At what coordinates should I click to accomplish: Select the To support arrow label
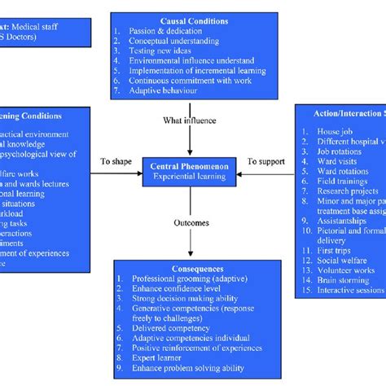pos(265,161)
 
